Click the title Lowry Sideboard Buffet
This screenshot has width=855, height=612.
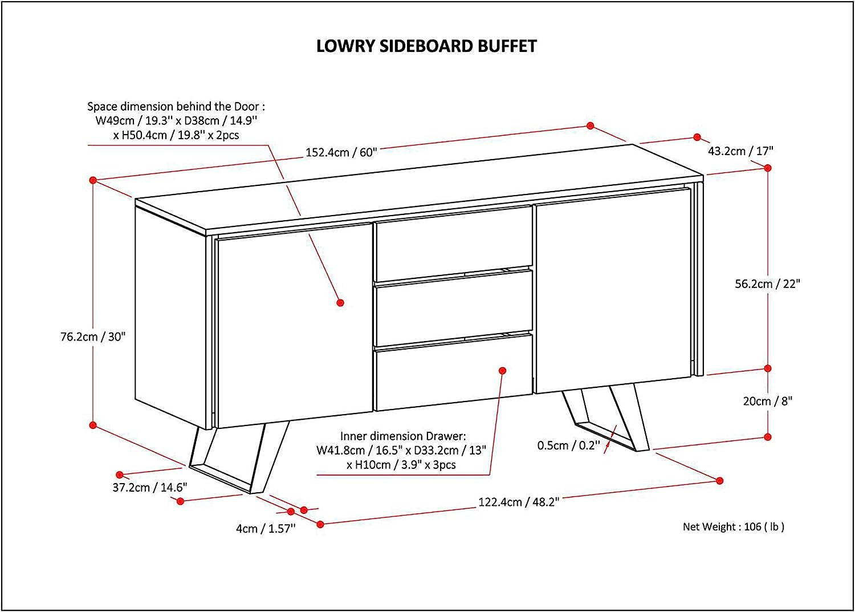[x=426, y=46]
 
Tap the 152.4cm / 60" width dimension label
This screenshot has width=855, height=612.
[x=341, y=152]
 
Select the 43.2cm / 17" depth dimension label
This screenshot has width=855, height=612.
[x=740, y=151]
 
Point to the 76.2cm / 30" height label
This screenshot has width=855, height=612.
[x=93, y=337]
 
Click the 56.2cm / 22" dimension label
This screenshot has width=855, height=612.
[x=767, y=283]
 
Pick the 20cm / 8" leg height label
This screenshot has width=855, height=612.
[x=767, y=402]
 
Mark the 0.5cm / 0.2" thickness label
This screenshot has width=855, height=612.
[x=568, y=445]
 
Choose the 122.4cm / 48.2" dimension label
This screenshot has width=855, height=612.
[x=519, y=502]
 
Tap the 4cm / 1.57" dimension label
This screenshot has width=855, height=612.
[x=266, y=529]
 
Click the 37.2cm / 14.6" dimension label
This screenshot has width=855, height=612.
[x=149, y=488]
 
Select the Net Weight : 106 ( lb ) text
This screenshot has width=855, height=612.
[x=734, y=527]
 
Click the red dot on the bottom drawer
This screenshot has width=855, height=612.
[x=502, y=371]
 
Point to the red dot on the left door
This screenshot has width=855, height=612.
[x=340, y=303]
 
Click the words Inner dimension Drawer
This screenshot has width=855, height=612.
[x=403, y=436]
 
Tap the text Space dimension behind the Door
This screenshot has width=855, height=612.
[x=176, y=107]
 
